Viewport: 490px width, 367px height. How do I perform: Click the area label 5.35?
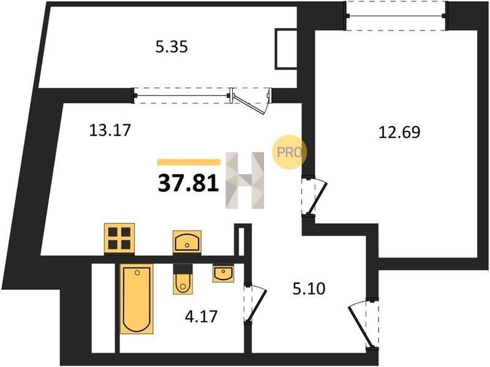point(171,48)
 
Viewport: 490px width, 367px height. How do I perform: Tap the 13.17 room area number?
point(110,130)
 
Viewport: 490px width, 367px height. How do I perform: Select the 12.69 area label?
point(399,132)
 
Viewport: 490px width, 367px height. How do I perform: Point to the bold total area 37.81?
point(188,183)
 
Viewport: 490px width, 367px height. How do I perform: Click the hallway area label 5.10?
point(309,289)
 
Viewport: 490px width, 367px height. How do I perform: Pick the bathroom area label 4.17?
point(201,317)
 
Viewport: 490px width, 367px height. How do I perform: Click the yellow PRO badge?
point(289,152)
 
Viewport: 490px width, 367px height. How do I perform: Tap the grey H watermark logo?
point(245,180)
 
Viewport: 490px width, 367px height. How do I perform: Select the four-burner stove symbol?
point(119,239)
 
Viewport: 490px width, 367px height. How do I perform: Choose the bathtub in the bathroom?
point(137,298)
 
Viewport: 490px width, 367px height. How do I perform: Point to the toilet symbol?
point(183,280)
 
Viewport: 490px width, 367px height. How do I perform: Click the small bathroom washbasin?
point(224,273)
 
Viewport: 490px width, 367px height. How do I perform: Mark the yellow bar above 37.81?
point(189,162)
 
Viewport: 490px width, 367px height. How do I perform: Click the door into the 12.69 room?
point(314,196)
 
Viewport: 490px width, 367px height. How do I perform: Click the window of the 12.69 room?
point(396,16)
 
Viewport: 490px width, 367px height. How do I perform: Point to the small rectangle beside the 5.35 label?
point(285,49)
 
